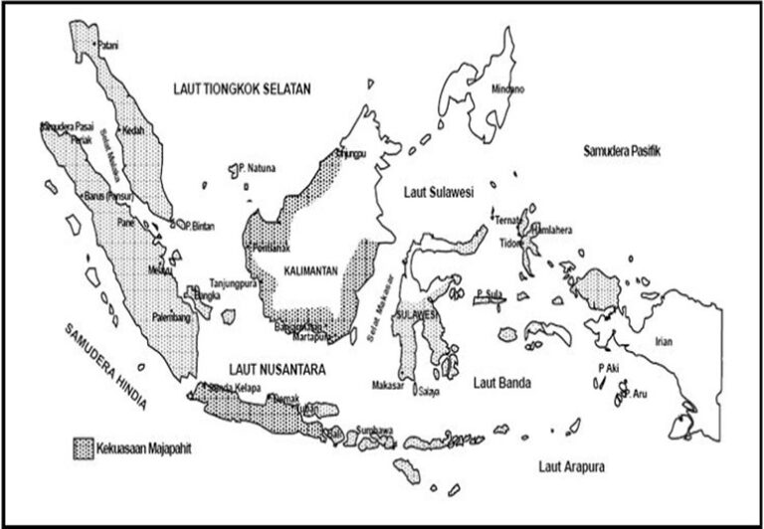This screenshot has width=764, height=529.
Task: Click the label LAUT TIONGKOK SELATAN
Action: [x=241, y=89]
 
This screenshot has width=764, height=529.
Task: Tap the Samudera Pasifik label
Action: [x=623, y=150]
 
